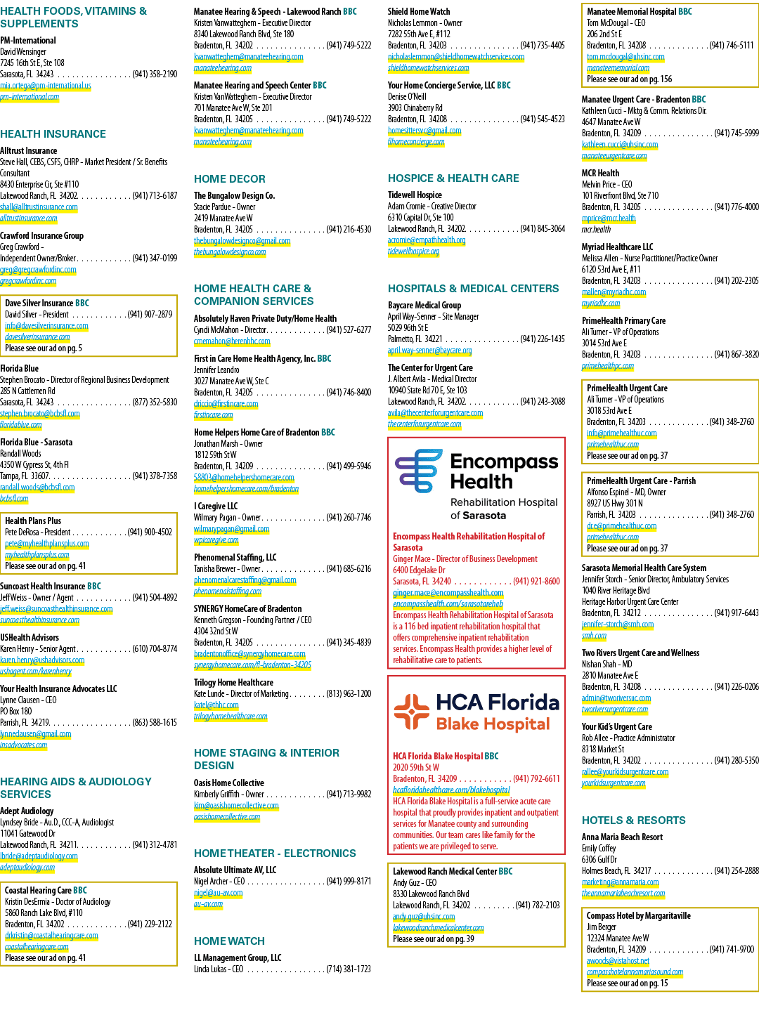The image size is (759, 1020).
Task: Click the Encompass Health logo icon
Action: [x=418, y=471]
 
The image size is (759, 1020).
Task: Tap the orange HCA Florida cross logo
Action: [x=411, y=712]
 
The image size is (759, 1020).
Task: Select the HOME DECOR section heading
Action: [x=230, y=179]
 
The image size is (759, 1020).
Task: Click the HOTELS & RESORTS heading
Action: [x=633, y=820]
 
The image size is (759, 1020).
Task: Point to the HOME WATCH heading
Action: [x=229, y=941]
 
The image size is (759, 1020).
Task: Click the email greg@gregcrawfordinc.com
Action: [x=38, y=270]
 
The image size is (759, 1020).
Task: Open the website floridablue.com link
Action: [x=20, y=425]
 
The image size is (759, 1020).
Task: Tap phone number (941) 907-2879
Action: [x=150, y=315]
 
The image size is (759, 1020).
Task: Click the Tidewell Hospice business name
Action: [x=415, y=195]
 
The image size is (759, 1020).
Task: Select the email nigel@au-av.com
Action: [x=218, y=893]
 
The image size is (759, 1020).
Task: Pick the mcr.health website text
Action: [x=596, y=230]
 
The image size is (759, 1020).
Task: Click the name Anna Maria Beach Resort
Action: [x=622, y=837]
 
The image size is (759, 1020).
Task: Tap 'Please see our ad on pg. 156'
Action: [x=629, y=79]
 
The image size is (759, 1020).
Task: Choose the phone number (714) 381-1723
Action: [x=349, y=969]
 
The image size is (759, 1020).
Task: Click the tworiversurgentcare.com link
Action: [x=614, y=709]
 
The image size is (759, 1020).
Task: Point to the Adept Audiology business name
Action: [x=27, y=811]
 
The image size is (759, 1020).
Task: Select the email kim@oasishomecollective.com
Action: [x=236, y=805]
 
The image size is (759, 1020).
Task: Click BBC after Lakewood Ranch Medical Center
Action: [x=505, y=872]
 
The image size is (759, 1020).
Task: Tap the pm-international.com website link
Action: [x=30, y=97]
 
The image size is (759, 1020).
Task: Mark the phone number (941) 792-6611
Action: [x=536, y=778]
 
